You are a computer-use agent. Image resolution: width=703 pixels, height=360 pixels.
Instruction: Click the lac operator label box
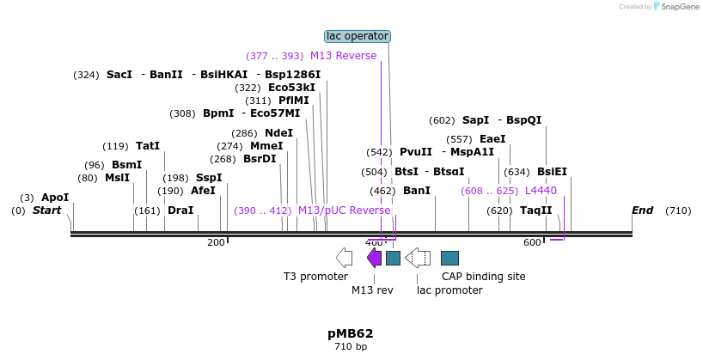[358, 36]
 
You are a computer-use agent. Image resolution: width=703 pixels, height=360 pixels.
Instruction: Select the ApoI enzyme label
[55, 198]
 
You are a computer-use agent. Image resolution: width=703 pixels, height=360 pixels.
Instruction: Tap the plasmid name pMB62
[350, 333]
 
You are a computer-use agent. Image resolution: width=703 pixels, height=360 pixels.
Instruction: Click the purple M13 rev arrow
[374, 258]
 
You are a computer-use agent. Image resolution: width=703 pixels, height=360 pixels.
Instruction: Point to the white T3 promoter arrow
[344, 258]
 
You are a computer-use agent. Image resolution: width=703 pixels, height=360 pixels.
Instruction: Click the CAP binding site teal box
[449, 258]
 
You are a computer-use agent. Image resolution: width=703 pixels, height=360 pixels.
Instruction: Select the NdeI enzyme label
[278, 133]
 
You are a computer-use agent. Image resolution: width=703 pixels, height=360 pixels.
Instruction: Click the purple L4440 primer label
[541, 191]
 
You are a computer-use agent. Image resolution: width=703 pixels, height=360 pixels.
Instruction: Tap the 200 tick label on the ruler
[216, 243]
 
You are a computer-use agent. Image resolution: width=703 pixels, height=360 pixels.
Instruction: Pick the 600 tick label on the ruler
[531, 243]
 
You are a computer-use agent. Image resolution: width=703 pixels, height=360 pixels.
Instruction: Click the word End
[642, 211]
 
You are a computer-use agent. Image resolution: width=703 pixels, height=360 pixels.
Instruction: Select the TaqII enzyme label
[535, 211]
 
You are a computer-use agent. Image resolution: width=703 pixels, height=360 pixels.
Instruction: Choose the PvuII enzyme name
[416, 152]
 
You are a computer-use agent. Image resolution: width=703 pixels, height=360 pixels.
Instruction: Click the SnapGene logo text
[678, 7]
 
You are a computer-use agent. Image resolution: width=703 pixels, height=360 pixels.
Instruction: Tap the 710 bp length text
[350, 347]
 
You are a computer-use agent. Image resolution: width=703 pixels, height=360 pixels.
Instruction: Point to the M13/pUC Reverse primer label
[344, 211]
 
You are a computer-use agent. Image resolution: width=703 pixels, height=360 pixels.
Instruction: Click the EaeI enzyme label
[492, 139]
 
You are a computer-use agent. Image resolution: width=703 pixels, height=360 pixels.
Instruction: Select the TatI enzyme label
[148, 146]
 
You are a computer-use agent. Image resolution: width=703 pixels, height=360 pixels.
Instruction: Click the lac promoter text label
[449, 290]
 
